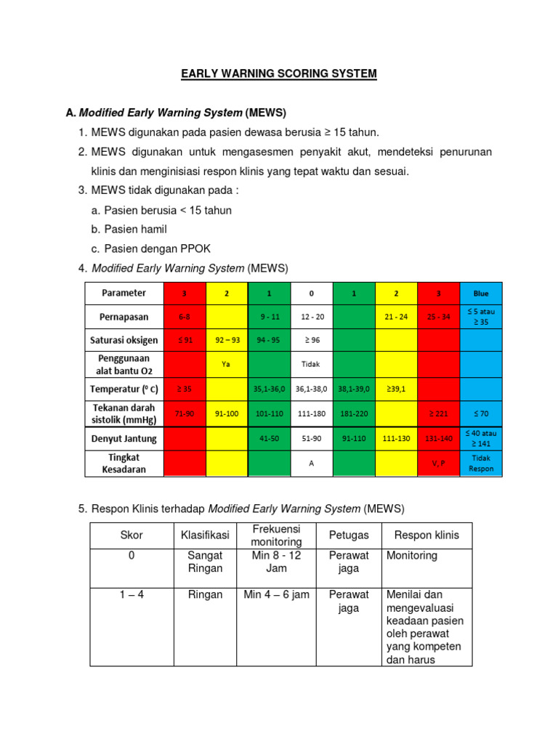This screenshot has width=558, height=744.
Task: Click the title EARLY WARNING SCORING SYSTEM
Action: coord(279,73)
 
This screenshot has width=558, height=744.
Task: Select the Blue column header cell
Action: coord(481,294)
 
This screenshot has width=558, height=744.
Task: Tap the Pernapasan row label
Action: coord(123,318)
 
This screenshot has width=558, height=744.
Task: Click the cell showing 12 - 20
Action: coord(312,318)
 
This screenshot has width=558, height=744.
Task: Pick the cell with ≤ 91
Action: coord(185,339)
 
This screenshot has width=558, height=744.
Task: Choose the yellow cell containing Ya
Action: coord(227,364)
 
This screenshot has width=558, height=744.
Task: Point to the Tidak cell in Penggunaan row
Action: coord(312,364)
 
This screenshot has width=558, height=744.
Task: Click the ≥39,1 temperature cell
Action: coord(396,389)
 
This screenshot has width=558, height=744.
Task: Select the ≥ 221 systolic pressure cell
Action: coord(439,413)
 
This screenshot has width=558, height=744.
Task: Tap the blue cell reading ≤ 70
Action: coord(481,413)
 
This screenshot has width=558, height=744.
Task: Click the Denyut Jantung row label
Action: coord(123,439)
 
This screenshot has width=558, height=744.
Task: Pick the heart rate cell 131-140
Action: coord(439,439)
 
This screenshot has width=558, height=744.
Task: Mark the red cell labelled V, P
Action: coord(439,464)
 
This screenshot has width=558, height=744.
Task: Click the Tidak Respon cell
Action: coord(481,464)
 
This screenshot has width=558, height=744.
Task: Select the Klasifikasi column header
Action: coord(205,535)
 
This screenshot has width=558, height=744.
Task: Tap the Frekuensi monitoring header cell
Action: coord(276,535)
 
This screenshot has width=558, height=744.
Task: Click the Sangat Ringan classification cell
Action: coord(205,562)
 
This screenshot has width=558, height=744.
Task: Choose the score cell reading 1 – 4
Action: coord(132,595)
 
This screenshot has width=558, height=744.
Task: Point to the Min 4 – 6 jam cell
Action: coord(276,595)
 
